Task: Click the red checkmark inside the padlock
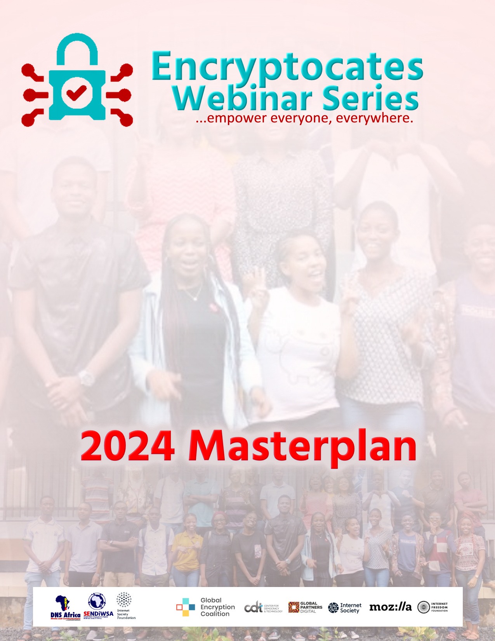76,93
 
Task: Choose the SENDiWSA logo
98,606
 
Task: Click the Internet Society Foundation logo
125,606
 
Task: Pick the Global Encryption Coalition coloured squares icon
186,607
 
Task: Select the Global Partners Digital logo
305,607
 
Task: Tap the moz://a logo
390,607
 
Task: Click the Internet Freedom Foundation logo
432,607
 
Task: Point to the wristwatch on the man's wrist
86,377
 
